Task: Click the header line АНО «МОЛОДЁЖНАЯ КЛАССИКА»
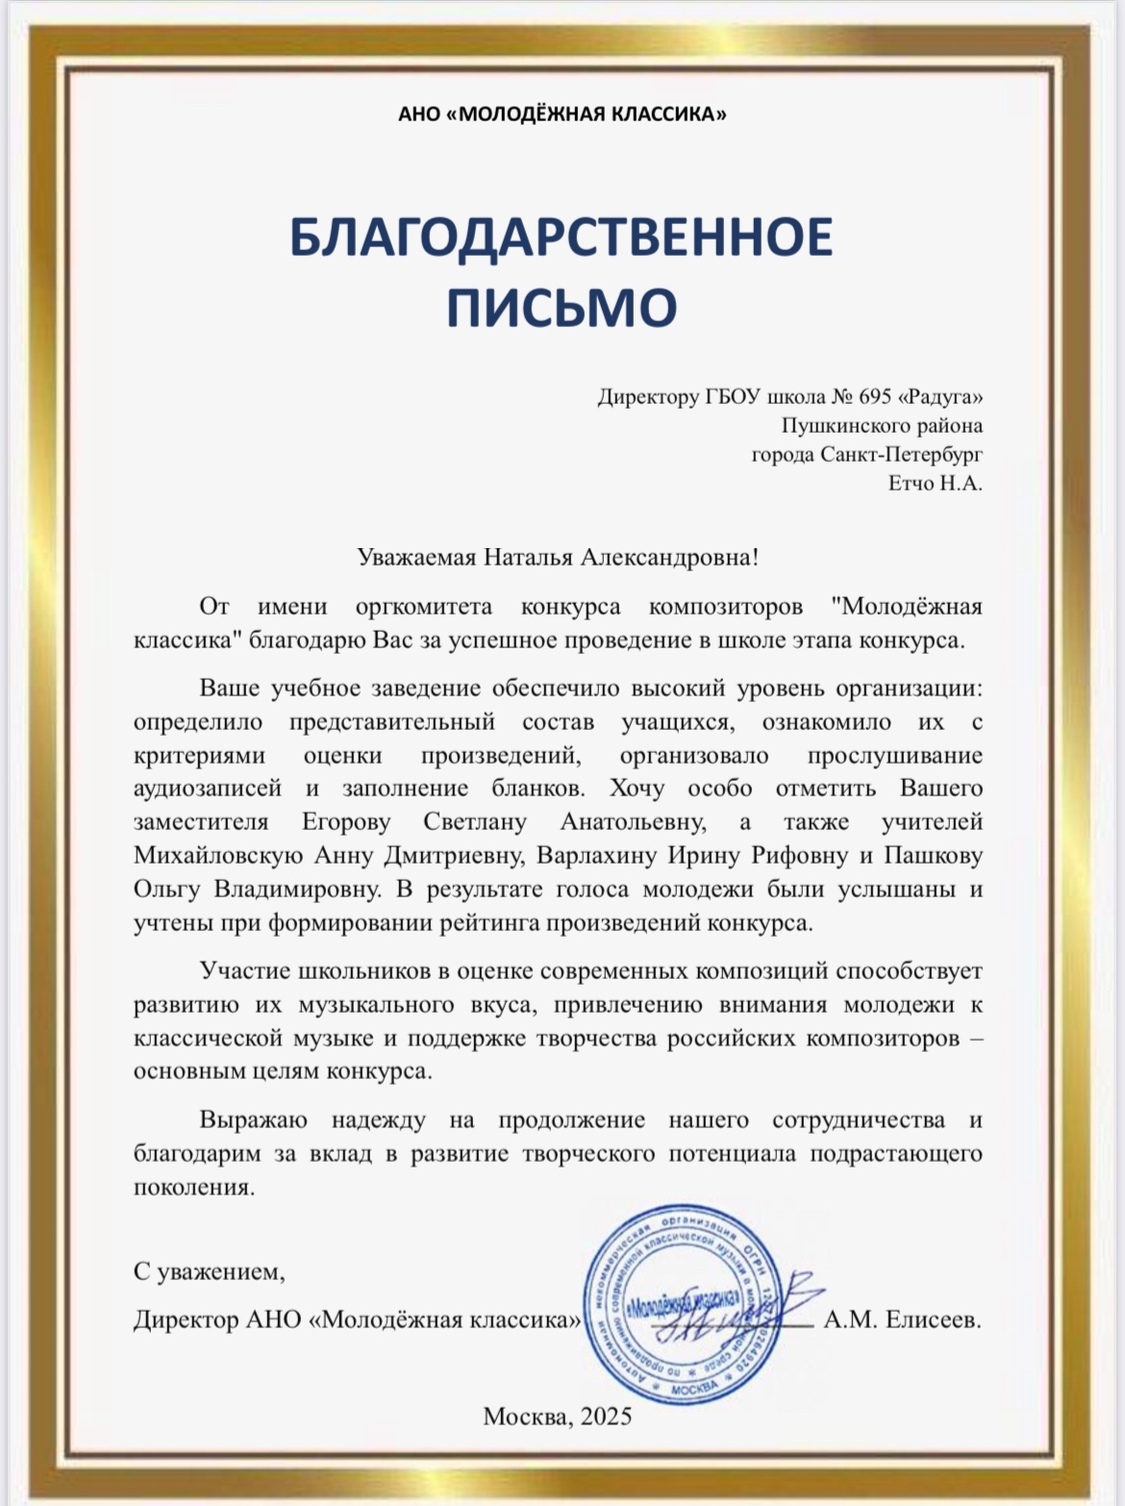[x=562, y=114]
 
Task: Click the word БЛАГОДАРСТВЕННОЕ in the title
[x=562, y=238]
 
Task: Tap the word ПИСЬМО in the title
[x=562, y=307]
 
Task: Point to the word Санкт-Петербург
[x=902, y=454]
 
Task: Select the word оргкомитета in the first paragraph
[x=423, y=608]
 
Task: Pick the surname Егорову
[x=346, y=822]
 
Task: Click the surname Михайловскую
[x=217, y=855]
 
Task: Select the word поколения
[x=194, y=1187]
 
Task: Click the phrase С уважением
[x=210, y=1272]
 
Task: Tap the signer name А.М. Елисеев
[x=902, y=1319]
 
